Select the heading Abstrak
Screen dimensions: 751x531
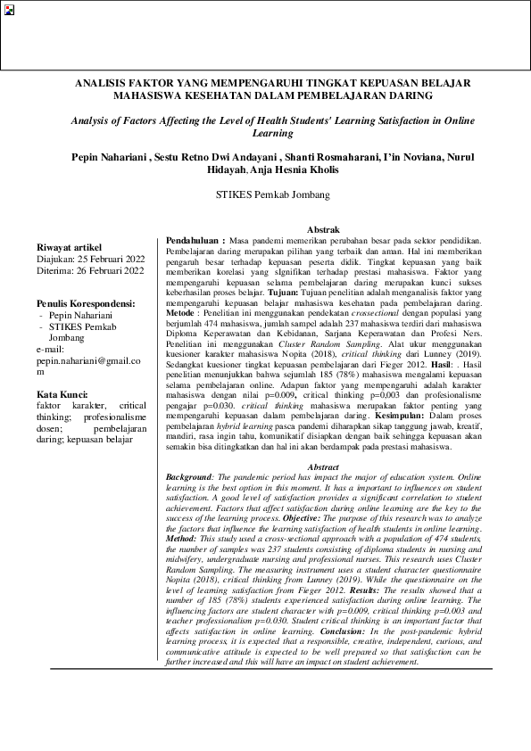pos(323,229)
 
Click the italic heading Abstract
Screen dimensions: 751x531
pos(323,467)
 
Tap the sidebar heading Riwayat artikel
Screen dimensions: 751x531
pos(69,246)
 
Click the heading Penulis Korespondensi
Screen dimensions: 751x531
pos(86,303)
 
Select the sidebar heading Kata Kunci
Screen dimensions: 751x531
pos(62,394)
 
